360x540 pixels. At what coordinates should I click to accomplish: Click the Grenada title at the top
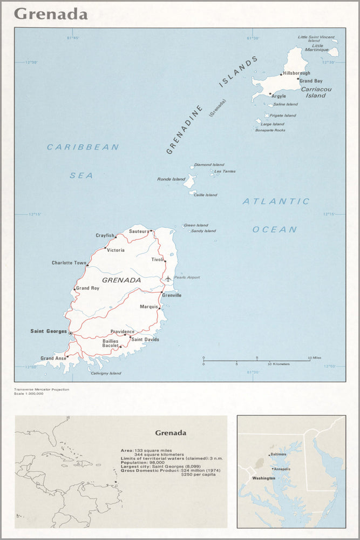51,14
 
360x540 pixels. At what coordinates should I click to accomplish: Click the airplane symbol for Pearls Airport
168,278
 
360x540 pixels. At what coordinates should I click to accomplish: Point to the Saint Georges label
49,331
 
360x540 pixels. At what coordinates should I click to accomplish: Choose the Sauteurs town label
139,231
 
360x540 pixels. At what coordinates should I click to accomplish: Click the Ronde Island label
171,179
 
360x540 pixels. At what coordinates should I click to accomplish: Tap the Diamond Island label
209,165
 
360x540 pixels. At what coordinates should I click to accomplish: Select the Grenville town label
173,295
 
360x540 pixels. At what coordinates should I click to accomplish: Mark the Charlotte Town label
69,263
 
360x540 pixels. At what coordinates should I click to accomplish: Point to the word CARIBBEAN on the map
83,147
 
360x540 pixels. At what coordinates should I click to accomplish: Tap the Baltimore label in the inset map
279,454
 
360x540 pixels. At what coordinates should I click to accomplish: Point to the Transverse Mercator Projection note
42,389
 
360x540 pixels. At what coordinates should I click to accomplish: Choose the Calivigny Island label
106,373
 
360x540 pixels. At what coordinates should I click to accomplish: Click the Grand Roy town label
87,288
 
